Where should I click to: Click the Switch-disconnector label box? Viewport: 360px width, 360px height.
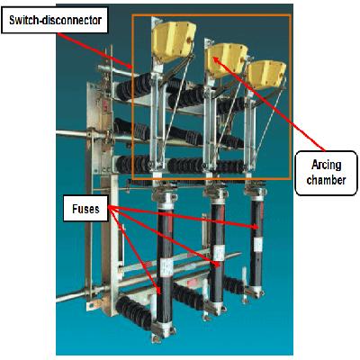55,20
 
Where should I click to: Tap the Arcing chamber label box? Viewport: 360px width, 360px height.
327,173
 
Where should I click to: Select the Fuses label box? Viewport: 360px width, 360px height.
85,209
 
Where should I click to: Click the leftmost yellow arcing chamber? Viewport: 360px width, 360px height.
174,41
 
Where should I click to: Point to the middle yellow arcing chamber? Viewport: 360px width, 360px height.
227,59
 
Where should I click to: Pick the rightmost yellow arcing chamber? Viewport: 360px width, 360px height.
266,74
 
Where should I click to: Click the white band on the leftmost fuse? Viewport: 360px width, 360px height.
165,266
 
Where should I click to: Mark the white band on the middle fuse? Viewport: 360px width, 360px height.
218,253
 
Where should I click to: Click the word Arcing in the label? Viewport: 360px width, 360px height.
327,166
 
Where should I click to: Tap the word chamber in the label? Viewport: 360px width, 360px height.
327,180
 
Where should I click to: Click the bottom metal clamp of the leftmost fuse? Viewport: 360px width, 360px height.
164,330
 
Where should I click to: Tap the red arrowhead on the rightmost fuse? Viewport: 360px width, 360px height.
255,227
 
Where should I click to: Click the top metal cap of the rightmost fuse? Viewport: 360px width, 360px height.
256,193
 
